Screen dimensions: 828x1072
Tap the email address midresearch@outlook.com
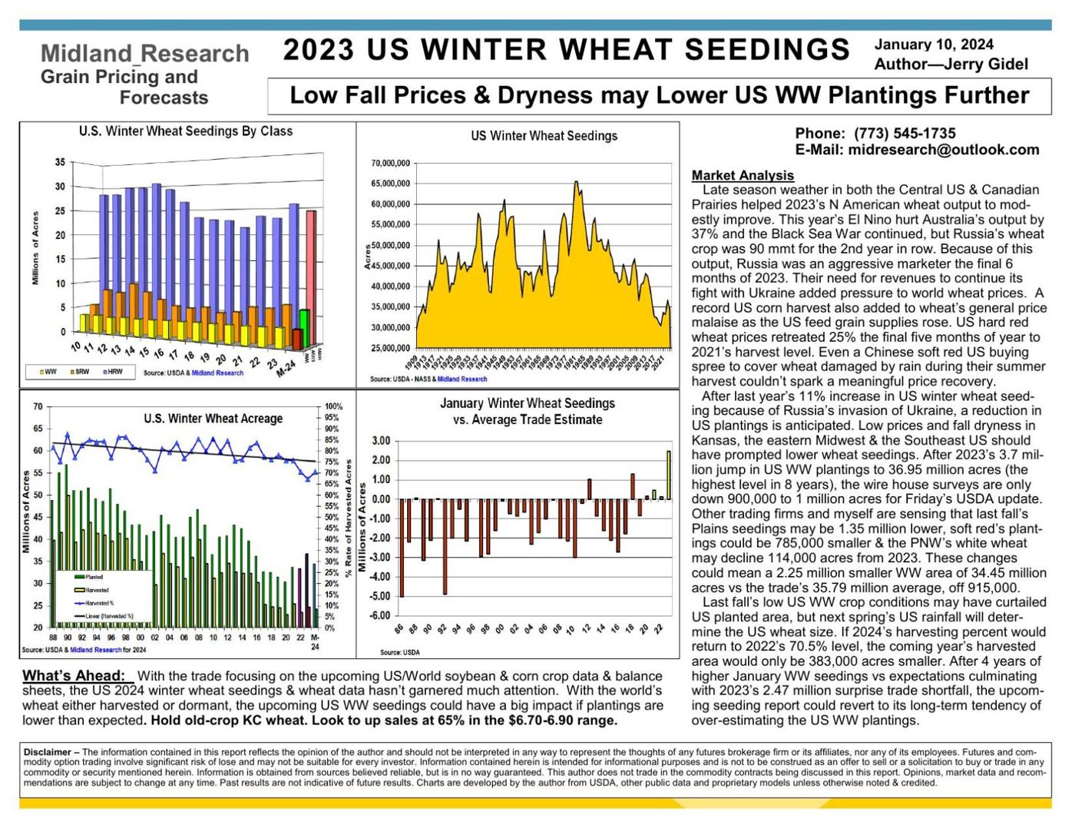(943, 150)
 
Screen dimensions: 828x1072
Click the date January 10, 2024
(933, 45)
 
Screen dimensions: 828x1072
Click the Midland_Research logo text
(144, 54)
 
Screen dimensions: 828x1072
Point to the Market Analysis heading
(742, 175)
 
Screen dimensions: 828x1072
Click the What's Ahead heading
(74, 676)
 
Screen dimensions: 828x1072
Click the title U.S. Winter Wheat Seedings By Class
(185, 131)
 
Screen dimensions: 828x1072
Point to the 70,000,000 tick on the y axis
(389, 164)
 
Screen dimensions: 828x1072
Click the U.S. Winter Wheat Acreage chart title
(213, 419)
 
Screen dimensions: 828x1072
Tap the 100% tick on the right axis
(333, 406)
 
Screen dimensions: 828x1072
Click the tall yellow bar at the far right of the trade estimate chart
(668, 475)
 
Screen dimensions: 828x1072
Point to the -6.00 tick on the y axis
(381, 616)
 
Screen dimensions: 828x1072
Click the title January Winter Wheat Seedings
(527, 403)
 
